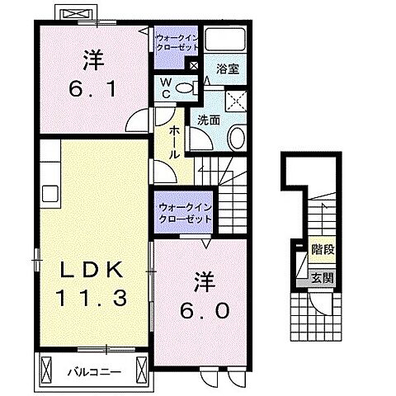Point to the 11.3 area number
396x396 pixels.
pyautogui.click(x=91, y=298)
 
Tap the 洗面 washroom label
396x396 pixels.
pyautogui.click(x=209, y=120)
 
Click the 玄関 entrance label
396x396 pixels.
pyautogui.click(x=323, y=278)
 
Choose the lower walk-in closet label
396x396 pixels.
pyautogui.click(x=184, y=213)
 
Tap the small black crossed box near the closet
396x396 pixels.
pyautogui.click(x=194, y=66)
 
